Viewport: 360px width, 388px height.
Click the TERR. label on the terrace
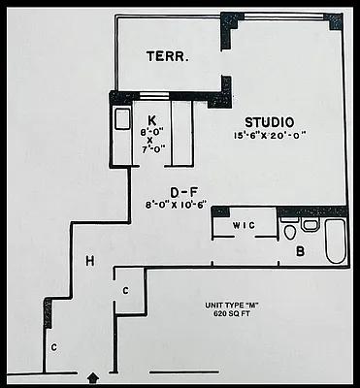point(167,56)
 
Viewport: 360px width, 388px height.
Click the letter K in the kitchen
point(152,94)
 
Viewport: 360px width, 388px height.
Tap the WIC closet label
point(243,226)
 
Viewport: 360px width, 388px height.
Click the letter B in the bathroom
point(300,250)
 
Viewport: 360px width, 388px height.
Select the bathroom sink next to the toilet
point(310,225)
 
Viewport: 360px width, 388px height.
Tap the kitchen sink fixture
point(122,120)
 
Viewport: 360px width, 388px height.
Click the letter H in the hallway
point(89,260)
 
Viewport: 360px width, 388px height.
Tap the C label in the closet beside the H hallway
point(126,290)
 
